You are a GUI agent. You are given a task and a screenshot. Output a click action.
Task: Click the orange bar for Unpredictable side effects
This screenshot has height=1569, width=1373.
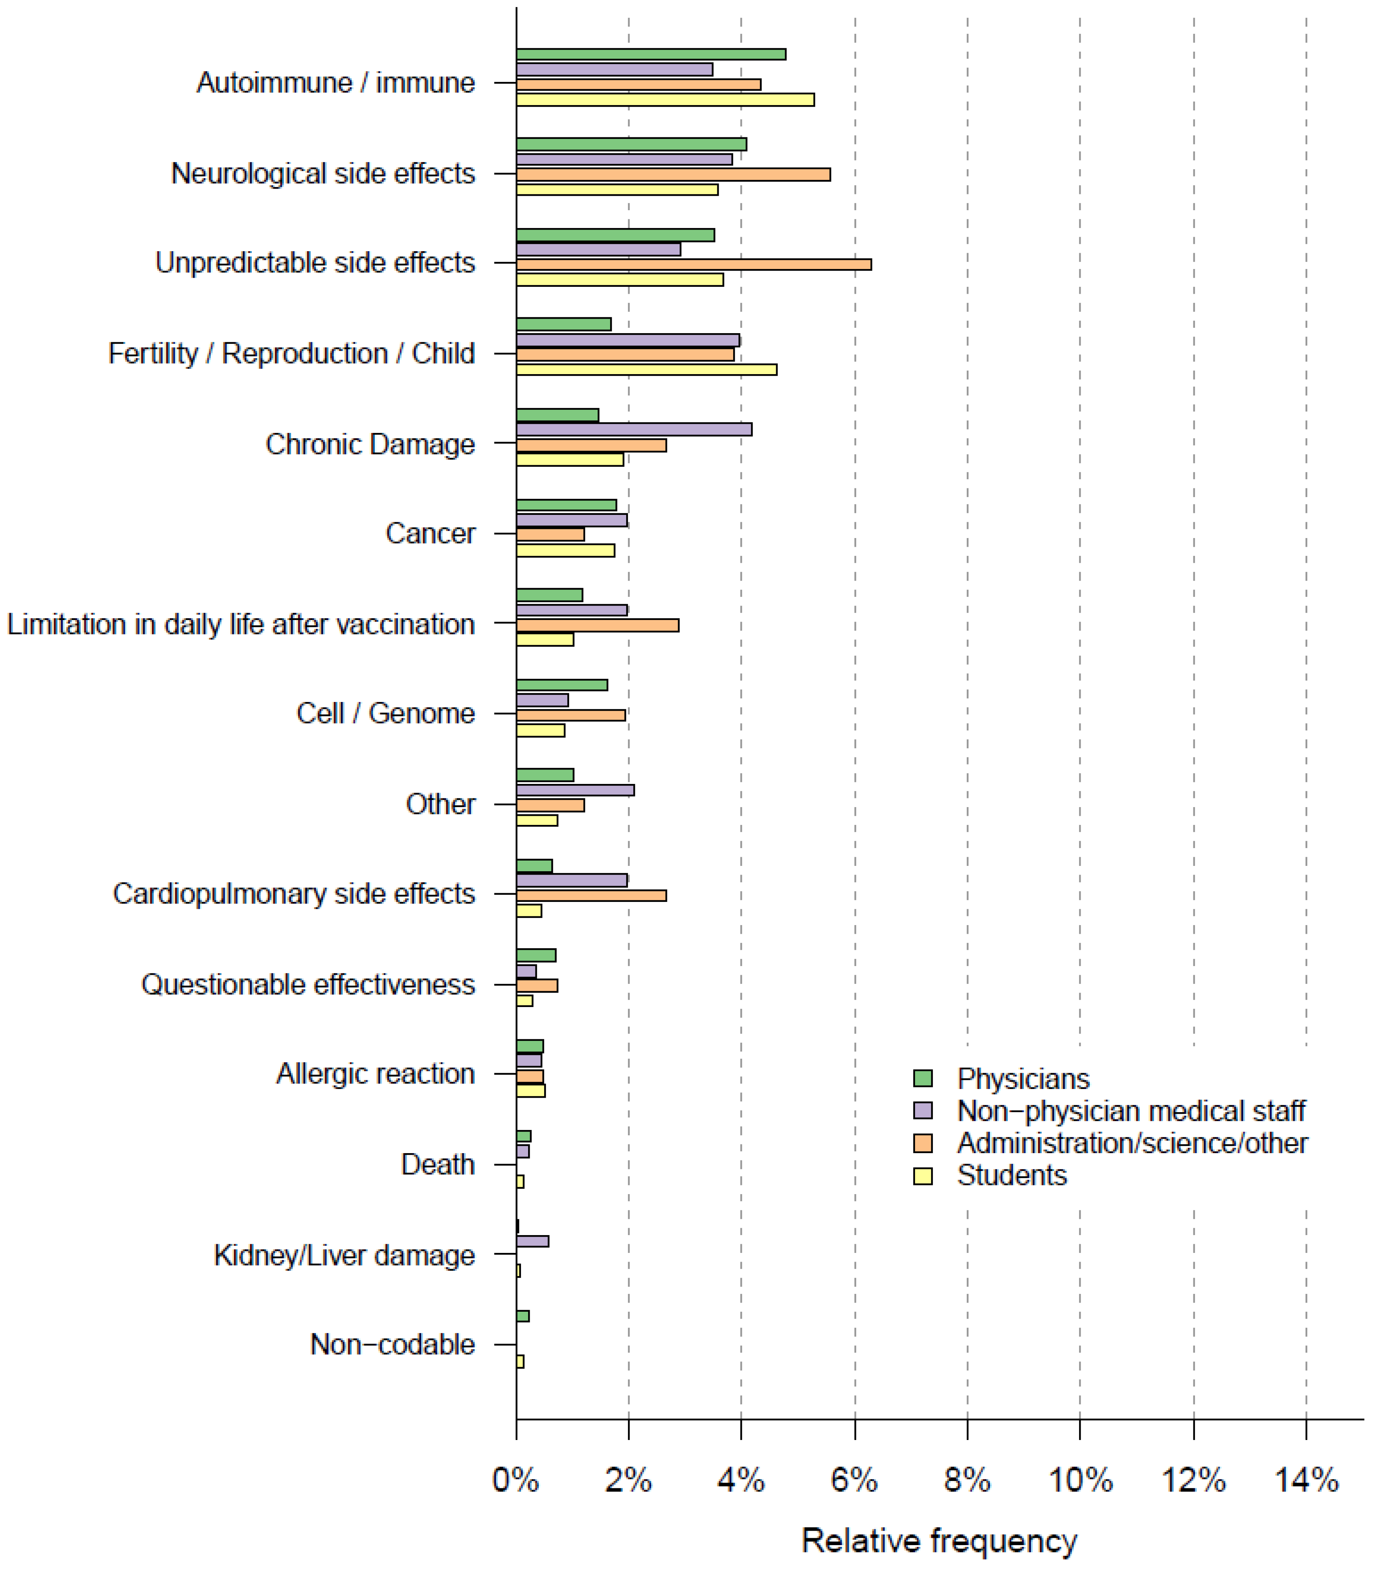693,264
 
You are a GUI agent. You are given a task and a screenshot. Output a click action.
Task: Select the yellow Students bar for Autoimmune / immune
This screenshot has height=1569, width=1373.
665,99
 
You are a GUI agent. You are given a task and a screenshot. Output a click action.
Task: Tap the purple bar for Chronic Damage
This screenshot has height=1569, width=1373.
634,430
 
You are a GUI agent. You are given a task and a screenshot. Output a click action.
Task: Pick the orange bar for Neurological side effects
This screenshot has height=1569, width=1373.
673,175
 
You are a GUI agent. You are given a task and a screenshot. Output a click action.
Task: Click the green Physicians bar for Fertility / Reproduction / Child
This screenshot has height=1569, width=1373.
563,324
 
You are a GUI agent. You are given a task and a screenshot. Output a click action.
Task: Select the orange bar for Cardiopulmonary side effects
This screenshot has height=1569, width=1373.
591,895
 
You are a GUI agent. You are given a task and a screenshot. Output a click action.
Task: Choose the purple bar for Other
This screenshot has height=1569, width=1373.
574,790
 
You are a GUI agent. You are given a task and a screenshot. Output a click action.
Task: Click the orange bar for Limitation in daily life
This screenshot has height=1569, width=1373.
597,625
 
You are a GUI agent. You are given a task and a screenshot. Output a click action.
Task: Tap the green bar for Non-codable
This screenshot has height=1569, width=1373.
522,1316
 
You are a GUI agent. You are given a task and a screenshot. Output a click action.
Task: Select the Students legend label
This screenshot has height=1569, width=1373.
1012,1175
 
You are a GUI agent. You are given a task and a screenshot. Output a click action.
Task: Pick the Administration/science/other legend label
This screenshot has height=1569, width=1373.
1132,1143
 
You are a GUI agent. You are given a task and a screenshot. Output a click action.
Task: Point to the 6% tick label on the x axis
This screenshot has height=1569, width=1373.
854,1480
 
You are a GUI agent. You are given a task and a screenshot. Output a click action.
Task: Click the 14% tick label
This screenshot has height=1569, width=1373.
1306,1480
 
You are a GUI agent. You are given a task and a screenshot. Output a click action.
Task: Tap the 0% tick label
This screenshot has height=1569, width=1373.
516,1480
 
